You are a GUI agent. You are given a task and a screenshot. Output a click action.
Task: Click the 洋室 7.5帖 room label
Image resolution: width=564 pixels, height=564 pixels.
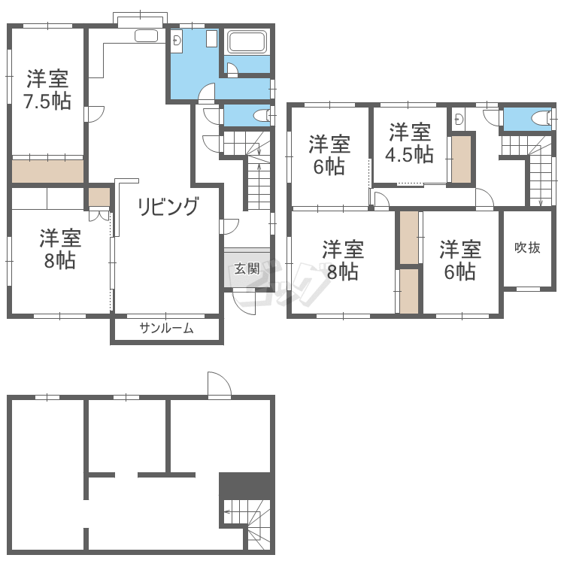(47, 90)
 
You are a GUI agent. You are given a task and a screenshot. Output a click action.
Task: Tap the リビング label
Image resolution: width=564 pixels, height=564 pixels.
(168, 206)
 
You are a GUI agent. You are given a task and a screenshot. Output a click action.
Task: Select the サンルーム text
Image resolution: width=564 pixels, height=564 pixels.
(166, 329)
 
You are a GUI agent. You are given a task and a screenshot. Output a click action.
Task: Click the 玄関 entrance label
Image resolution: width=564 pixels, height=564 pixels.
(247, 268)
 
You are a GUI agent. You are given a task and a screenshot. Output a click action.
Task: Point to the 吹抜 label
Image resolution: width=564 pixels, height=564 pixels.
(527, 247)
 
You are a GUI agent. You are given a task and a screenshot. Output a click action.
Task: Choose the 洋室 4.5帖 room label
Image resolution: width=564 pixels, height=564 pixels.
(410, 143)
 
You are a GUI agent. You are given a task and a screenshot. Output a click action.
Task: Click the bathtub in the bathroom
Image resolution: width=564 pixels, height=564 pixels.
(247, 42)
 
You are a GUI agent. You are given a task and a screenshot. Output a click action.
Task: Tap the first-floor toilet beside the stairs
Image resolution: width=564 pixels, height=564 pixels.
(262, 116)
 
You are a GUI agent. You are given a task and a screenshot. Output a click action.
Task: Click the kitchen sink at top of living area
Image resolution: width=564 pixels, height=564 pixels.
(146, 36)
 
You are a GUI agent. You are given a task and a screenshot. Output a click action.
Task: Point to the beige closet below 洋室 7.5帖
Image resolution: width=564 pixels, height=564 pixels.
(48, 171)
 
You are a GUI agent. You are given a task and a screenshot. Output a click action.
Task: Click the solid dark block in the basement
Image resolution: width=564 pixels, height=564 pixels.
(245, 485)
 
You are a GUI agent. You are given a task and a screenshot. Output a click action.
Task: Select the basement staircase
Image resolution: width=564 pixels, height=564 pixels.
(247, 524)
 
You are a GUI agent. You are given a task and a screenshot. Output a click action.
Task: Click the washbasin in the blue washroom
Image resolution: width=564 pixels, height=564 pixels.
(177, 41)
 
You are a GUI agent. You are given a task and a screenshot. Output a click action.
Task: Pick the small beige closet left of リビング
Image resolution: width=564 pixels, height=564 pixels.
(99, 197)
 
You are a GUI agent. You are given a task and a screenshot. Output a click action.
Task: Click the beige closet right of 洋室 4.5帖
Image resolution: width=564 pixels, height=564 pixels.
(461, 159)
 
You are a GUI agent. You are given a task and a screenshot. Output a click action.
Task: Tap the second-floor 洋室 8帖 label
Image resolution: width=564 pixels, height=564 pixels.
(343, 260)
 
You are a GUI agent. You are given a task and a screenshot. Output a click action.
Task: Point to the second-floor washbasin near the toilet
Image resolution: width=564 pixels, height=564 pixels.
(458, 119)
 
